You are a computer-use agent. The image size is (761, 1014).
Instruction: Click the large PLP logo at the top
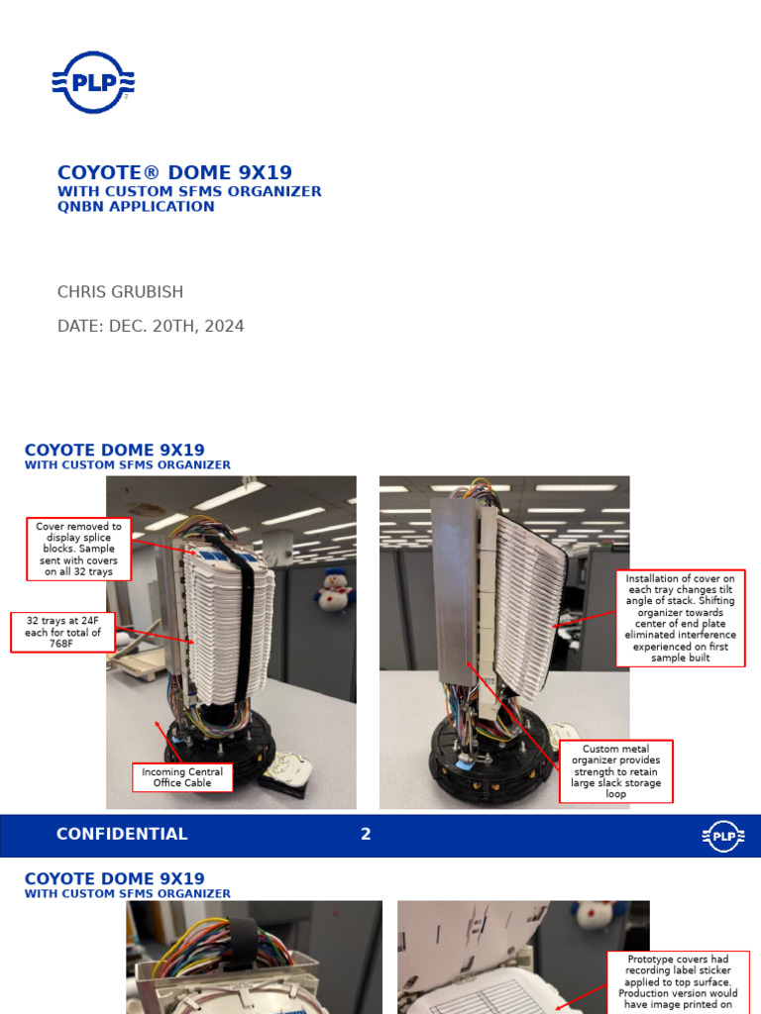(93, 82)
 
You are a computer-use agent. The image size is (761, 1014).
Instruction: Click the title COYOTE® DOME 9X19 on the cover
(174, 172)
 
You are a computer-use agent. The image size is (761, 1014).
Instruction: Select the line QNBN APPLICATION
(136, 207)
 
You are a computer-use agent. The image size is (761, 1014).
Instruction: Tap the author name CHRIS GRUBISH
(120, 292)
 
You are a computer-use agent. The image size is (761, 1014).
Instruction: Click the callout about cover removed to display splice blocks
(79, 549)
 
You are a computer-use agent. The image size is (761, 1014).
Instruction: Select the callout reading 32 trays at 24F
(62, 632)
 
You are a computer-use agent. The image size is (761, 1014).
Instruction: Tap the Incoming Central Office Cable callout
(182, 777)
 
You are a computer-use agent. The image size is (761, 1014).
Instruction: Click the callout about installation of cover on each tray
(680, 618)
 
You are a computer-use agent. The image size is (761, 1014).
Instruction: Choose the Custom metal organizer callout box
(615, 771)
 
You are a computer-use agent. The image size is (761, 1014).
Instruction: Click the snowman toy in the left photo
(334, 591)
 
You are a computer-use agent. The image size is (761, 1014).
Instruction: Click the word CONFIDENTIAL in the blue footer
(122, 834)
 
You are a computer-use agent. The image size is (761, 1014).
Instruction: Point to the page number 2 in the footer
(366, 834)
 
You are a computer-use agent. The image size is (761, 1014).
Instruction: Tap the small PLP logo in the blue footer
(723, 836)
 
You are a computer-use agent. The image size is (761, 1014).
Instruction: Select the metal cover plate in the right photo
(454, 584)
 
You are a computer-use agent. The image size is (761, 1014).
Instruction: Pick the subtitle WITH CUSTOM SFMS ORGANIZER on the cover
(189, 191)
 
